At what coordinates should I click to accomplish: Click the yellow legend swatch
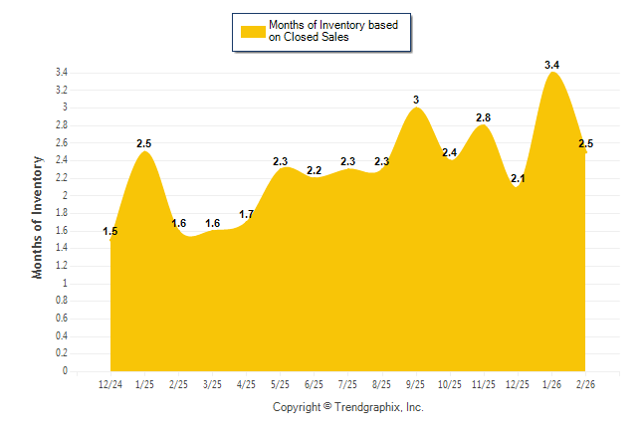[x=252, y=31]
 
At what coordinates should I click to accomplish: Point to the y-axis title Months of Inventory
[x=38, y=216]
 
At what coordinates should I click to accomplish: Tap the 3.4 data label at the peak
[x=551, y=65]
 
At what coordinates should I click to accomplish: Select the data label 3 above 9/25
[x=416, y=100]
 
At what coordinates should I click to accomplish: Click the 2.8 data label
[x=483, y=117]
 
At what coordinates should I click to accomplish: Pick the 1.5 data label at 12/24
[x=110, y=232]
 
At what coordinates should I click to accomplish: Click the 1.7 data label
[x=247, y=214]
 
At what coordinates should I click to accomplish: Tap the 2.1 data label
[x=517, y=179]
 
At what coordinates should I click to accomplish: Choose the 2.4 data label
[x=450, y=152]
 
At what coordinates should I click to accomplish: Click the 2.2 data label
[x=314, y=170]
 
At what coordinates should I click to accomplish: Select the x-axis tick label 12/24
[x=110, y=384]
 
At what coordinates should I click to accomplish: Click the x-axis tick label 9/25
[x=416, y=384]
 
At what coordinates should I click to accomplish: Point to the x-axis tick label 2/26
[x=585, y=384]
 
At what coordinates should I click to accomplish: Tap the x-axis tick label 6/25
[x=314, y=384]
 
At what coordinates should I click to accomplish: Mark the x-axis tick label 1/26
[x=551, y=384]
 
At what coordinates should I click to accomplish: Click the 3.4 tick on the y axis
[x=61, y=73]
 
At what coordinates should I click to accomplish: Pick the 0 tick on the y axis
[x=65, y=371]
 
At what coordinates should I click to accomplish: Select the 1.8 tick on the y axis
[x=61, y=213]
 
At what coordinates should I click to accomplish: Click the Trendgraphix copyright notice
[x=347, y=407]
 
